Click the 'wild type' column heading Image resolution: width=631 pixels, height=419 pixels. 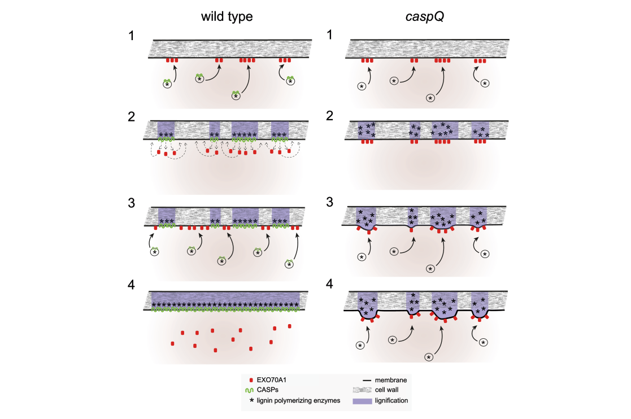pyautogui.click(x=227, y=16)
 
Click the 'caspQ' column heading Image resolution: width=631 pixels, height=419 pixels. pyautogui.click(x=425, y=16)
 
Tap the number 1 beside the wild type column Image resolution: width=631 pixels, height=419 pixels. pyautogui.click(x=131, y=36)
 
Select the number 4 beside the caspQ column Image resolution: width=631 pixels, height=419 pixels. pyautogui.click(x=329, y=284)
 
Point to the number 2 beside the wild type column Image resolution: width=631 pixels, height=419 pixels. pyautogui.click(x=131, y=117)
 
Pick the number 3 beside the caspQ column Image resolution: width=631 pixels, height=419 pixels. pyautogui.click(x=329, y=202)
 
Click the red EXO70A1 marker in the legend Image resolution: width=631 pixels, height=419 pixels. pyautogui.click(x=251, y=380)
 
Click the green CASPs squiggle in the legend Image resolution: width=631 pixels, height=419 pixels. pyautogui.click(x=250, y=390)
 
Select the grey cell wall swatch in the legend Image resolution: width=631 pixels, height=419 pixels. pyautogui.click(x=362, y=390)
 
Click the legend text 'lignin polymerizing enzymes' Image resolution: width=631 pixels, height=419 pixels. pyautogui.click(x=298, y=400)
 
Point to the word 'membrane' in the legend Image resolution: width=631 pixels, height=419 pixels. pyautogui.click(x=391, y=380)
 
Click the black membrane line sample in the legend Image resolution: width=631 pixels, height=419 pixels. pyautogui.click(x=367, y=380)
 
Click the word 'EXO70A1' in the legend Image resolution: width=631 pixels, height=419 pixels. pyautogui.click(x=272, y=380)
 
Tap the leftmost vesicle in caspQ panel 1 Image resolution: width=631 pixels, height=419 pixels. pyautogui.click(x=362, y=86)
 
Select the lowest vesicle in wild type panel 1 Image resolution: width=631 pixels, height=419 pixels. pyautogui.click(x=236, y=96)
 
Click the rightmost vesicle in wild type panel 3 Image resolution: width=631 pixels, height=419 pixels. pyautogui.click(x=289, y=265)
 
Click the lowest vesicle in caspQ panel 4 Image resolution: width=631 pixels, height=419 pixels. pyautogui.click(x=429, y=357)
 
